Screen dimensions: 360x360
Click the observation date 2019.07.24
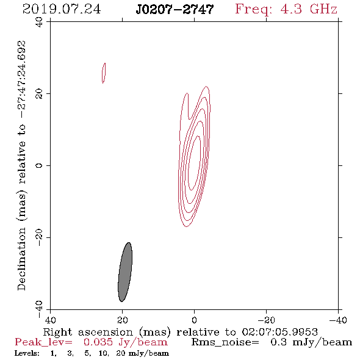(x=62, y=9)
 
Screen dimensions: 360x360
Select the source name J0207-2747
(x=175, y=9)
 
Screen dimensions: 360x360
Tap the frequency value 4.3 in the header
(x=291, y=9)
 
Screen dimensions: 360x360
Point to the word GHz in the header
(x=323, y=9)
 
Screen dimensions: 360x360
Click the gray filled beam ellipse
(x=125, y=272)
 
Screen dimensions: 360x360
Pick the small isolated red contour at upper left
(x=104, y=73)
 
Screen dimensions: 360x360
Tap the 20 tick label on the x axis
(x=122, y=320)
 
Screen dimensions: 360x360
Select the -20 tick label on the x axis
(x=266, y=320)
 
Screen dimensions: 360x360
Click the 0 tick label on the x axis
(x=194, y=320)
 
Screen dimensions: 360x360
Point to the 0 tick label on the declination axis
(x=39, y=165)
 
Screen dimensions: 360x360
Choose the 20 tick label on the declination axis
(x=39, y=94)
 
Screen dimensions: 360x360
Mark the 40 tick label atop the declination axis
(x=39, y=23)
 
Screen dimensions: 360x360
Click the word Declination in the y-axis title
(x=21, y=259)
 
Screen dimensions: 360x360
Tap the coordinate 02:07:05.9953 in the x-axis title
(x=279, y=332)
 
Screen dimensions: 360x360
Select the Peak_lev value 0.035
(x=98, y=342)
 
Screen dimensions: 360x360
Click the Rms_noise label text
(x=225, y=342)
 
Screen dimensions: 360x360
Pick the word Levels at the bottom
(x=27, y=353)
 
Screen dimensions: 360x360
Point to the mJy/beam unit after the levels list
(x=148, y=353)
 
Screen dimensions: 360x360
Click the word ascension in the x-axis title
(x=106, y=332)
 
